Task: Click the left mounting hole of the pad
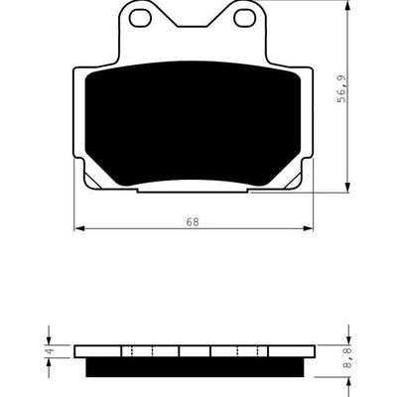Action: pos(140,18)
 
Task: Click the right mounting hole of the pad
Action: pos(244,18)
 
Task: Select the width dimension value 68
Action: pos(193,222)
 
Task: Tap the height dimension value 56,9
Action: pos(341,88)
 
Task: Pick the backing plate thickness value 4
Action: pos(51,351)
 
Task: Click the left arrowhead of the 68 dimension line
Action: pos(78,228)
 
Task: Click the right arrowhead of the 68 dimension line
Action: pos(309,228)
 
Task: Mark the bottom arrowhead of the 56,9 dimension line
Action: pos(347,187)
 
